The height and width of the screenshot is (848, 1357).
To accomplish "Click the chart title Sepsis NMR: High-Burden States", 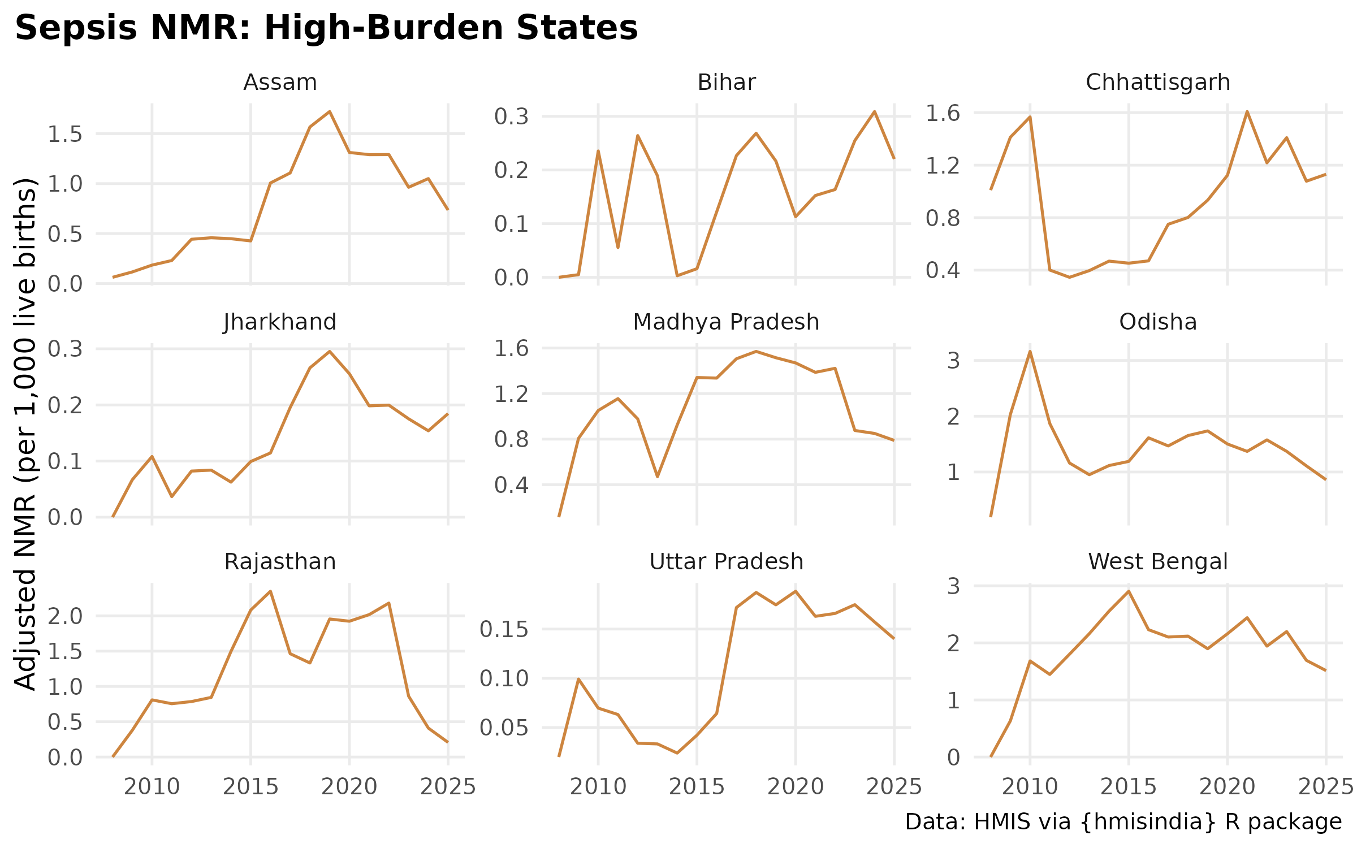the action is [326, 28].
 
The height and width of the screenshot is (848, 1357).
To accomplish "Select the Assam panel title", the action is [280, 83].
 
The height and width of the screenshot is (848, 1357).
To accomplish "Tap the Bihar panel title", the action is [726, 83].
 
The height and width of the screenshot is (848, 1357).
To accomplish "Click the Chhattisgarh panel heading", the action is [1157, 83].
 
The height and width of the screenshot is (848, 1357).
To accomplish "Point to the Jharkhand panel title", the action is [280, 322].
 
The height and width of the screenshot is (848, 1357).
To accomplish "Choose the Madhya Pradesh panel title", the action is [726, 322].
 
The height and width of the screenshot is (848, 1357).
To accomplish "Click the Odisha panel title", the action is [1157, 322].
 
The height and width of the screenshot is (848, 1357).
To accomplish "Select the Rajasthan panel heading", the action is [280, 562].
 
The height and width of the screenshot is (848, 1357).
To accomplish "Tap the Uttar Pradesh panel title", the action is [726, 562].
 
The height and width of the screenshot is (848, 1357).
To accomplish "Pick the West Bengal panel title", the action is [1157, 562].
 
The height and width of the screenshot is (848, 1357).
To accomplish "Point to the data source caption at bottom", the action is [1123, 822].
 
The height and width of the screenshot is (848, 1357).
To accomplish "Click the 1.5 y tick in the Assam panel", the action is [65, 135].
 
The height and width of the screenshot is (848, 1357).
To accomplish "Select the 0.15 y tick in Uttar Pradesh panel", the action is [504, 629].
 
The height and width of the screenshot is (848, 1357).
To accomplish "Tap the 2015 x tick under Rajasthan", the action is [250, 786].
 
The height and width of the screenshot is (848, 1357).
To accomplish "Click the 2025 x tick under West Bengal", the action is [1325, 786].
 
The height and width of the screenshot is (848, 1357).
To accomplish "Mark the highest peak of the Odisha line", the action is [1030, 352].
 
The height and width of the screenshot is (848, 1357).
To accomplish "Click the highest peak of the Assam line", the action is [330, 112].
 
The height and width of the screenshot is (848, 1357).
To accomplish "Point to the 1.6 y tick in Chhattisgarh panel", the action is [943, 113].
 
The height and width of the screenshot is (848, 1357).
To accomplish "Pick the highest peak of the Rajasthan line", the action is [270, 591].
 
